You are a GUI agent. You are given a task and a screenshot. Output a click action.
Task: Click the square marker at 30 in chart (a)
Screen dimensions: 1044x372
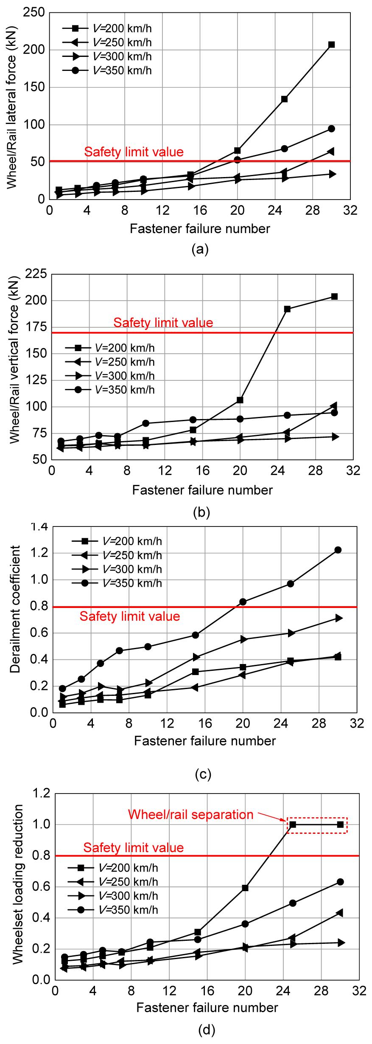[332, 45]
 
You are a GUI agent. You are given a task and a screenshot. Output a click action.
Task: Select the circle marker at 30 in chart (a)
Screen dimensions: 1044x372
[332, 129]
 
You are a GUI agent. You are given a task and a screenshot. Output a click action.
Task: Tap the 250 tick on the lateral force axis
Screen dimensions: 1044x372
[36, 13]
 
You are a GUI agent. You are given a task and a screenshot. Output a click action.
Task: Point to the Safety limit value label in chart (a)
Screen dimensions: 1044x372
[134, 152]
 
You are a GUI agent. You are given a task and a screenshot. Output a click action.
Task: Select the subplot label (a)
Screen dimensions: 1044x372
[200, 249]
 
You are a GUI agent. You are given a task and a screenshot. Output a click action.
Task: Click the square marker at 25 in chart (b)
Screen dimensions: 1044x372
[287, 309]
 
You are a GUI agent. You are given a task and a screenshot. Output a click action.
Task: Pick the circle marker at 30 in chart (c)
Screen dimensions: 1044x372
[338, 550]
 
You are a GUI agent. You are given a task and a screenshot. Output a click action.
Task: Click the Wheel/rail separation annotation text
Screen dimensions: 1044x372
[190, 814]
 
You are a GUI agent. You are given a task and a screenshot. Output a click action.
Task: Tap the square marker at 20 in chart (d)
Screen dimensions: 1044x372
[245, 888]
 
